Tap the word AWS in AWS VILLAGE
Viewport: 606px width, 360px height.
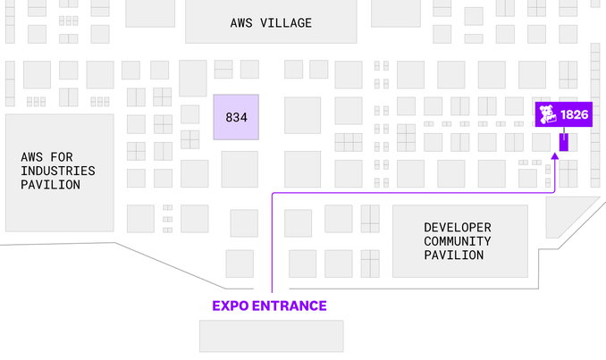241,22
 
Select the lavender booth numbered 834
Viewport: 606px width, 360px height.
236,116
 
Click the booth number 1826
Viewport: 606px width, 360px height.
574,115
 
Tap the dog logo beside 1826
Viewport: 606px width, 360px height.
548,115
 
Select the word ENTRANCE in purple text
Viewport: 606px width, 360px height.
294,306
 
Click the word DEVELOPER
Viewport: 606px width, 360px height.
458,227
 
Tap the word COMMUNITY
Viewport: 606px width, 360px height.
458,241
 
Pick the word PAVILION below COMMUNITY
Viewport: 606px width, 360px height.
458,255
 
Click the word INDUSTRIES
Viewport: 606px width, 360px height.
57,171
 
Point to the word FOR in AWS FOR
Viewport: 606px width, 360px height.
72,156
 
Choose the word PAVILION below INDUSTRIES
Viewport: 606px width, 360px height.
51,185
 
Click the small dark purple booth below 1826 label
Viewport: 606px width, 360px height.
564,141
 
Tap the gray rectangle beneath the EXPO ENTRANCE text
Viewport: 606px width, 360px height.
271,335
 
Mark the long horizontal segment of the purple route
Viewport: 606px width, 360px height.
411,192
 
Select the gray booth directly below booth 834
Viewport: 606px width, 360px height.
240,169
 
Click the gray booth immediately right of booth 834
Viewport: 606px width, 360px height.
302,115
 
